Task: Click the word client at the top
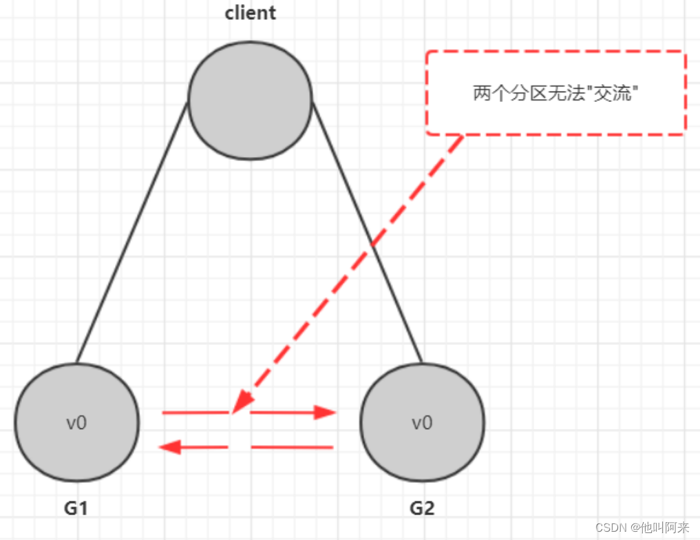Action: tap(250, 13)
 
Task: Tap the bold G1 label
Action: tap(76, 508)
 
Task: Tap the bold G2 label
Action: tap(422, 508)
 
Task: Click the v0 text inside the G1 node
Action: tap(76, 423)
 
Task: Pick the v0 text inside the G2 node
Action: tap(422, 423)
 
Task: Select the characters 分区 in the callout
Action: tap(521, 94)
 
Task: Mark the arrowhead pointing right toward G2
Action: tap(325, 413)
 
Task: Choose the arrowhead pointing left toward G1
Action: tap(170, 448)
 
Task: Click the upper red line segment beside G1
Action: tap(195, 413)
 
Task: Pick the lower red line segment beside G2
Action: tap(292, 448)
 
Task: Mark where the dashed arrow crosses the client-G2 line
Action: tap(372, 245)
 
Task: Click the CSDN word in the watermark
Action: tap(608, 528)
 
